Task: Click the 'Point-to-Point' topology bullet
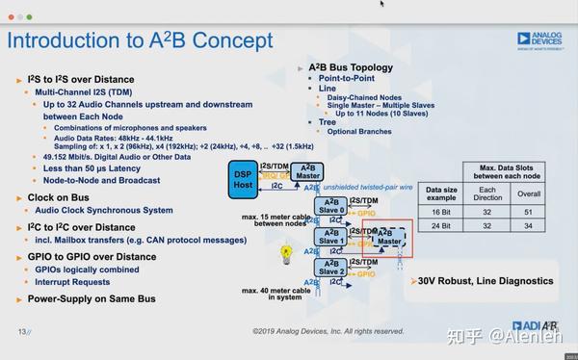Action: [x=350, y=78]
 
